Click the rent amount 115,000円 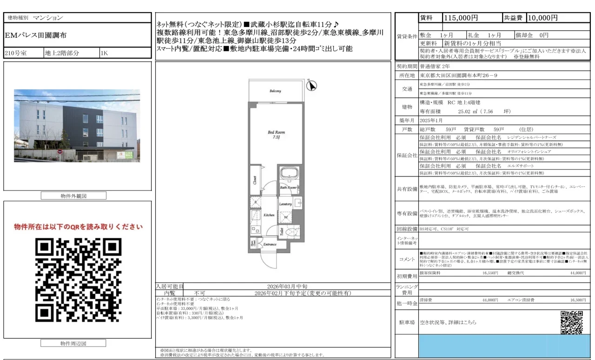pos(461,18)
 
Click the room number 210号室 pos(17,53)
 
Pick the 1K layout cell pos(104,53)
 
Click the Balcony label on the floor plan pos(275,91)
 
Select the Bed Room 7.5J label pos(276,135)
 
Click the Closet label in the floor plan pos(255,180)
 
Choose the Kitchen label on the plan pos(269,216)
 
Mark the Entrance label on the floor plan pos(270,244)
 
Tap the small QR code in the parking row pos(571,322)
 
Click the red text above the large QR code pos(78,227)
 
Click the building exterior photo pos(77,125)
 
